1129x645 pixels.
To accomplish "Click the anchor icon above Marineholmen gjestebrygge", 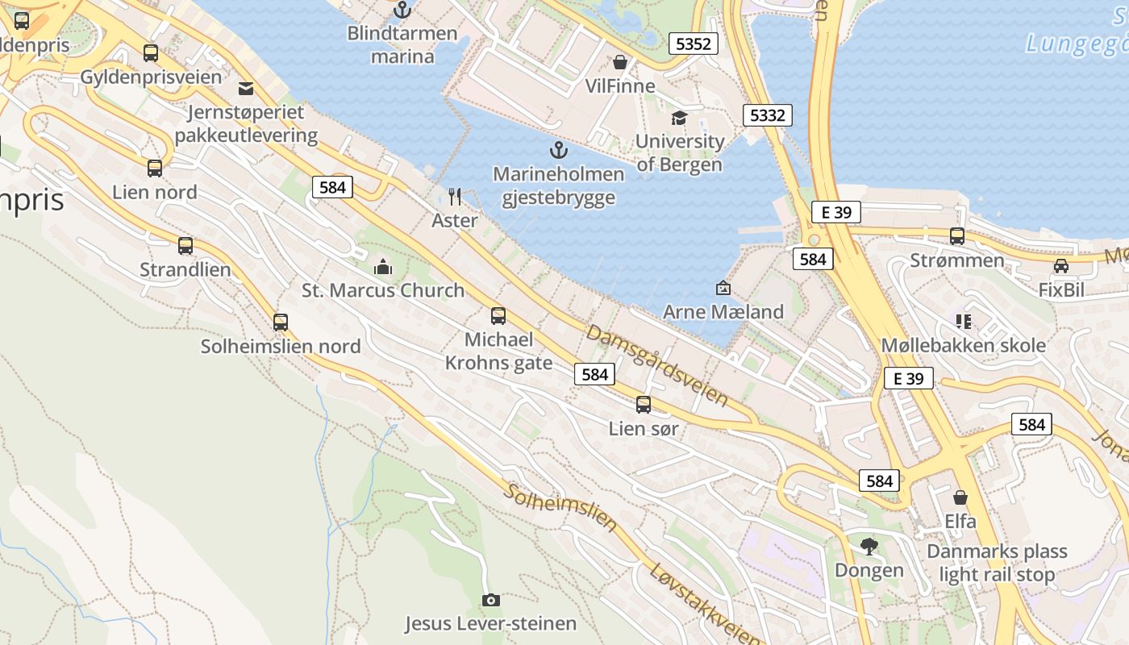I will tap(558, 149).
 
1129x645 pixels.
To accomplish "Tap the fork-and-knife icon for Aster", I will tap(455, 196).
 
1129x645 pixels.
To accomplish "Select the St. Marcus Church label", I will tap(383, 290).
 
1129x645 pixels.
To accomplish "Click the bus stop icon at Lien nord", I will tap(154, 169).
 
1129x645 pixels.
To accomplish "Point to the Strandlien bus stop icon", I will tap(185, 246).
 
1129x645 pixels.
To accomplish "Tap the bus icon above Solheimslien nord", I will tap(280, 322).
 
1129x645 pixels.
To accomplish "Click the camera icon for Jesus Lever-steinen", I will tap(490, 600).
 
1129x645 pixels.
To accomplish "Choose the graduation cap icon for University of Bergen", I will tap(679, 119).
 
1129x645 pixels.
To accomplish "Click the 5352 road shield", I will tap(694, 44).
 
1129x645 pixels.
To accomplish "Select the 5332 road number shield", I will tap(767, 115).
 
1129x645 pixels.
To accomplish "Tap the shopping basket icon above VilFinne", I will tap(620, 62).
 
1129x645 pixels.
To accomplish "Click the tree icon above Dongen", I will tap(869, 547).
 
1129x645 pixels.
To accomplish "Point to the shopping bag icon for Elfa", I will tap(960, 497).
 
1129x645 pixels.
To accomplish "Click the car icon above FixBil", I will tap(1061, 266).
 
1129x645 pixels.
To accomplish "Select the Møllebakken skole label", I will tap(963, 346).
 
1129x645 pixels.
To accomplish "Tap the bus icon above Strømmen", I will tap(957, 236).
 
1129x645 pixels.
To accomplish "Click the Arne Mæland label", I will tap(723, 312).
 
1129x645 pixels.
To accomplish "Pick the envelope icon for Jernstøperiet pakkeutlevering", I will tap(246, 88).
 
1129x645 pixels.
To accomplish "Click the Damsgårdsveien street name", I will tap(657, 365).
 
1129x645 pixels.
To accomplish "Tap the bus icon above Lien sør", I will tap(643, 405).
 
